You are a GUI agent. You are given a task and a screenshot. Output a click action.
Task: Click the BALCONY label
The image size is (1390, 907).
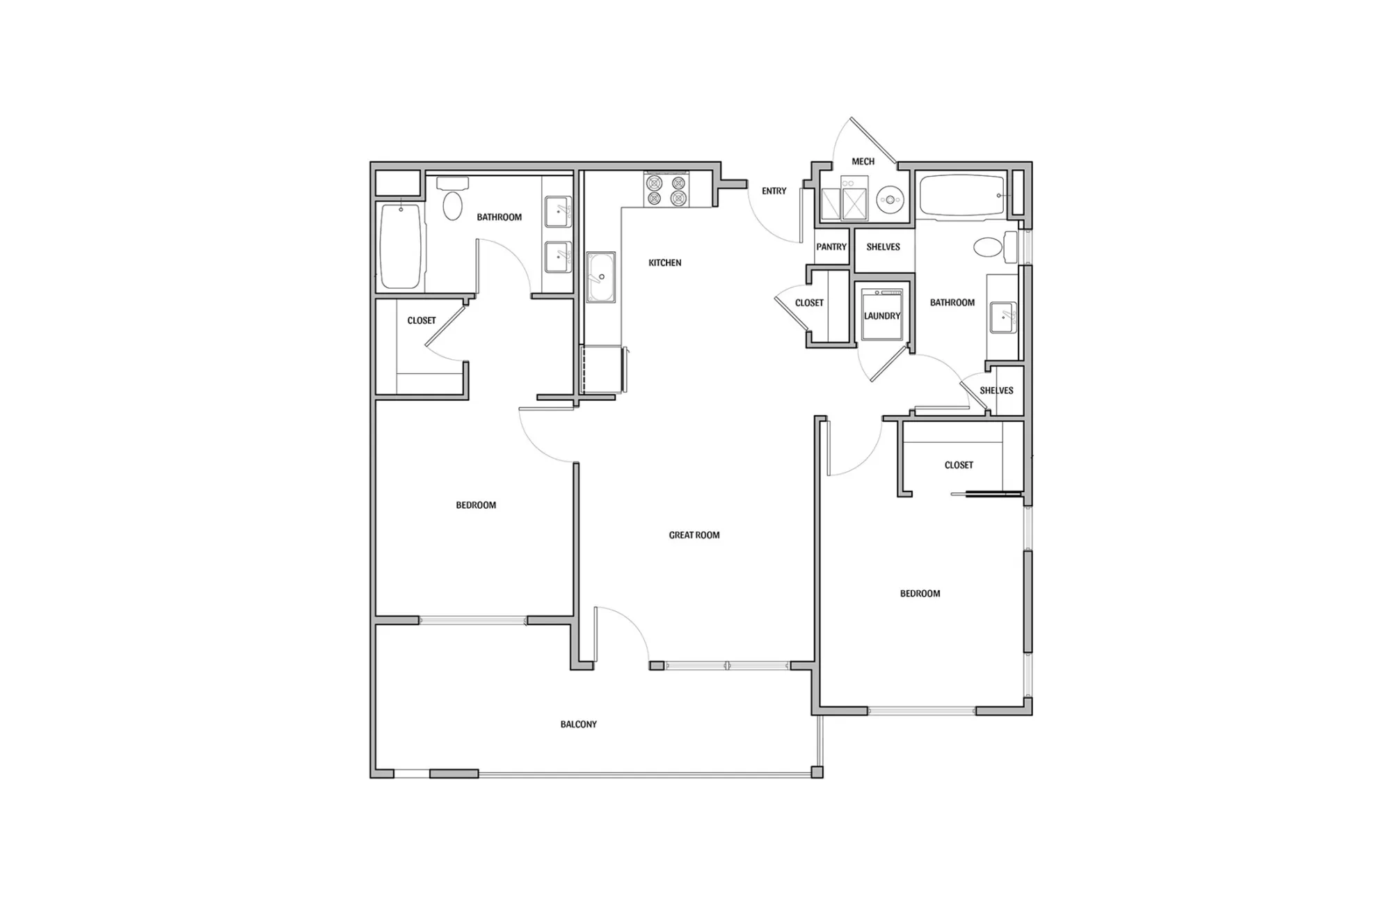point(579,724)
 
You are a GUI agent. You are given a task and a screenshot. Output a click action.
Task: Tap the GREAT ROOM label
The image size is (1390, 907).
point(694,535)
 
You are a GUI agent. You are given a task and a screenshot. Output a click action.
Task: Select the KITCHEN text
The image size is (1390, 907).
point(665,262)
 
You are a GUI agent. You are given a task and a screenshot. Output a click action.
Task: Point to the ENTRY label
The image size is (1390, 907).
point(774,191)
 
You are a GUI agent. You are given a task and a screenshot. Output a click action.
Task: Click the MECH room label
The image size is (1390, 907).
point(863,161)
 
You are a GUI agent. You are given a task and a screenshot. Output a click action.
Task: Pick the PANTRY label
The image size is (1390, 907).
point(831,246)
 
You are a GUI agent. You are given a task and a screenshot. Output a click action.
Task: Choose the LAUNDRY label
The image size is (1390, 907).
point(882,316)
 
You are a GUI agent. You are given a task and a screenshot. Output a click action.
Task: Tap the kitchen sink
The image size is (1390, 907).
point(600,277)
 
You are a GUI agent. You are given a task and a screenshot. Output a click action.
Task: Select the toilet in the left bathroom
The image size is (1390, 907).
point(452,198)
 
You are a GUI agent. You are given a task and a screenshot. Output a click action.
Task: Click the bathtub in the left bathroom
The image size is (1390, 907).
point(401,246)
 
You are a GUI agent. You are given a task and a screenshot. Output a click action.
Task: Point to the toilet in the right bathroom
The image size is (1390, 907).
point(994,247)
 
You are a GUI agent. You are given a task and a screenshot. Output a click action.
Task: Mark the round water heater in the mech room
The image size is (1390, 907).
point(890,200)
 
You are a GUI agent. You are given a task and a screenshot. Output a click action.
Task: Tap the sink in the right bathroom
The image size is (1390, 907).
point(1004,318)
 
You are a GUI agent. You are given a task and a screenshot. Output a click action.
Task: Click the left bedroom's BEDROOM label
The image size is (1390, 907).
point(476,505)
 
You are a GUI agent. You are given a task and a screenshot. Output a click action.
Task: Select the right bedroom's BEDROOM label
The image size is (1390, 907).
point(920,593)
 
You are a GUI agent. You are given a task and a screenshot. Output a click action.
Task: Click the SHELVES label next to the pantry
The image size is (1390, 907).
point(883,246)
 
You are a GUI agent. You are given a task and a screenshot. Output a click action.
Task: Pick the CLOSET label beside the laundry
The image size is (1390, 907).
point(809,303)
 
